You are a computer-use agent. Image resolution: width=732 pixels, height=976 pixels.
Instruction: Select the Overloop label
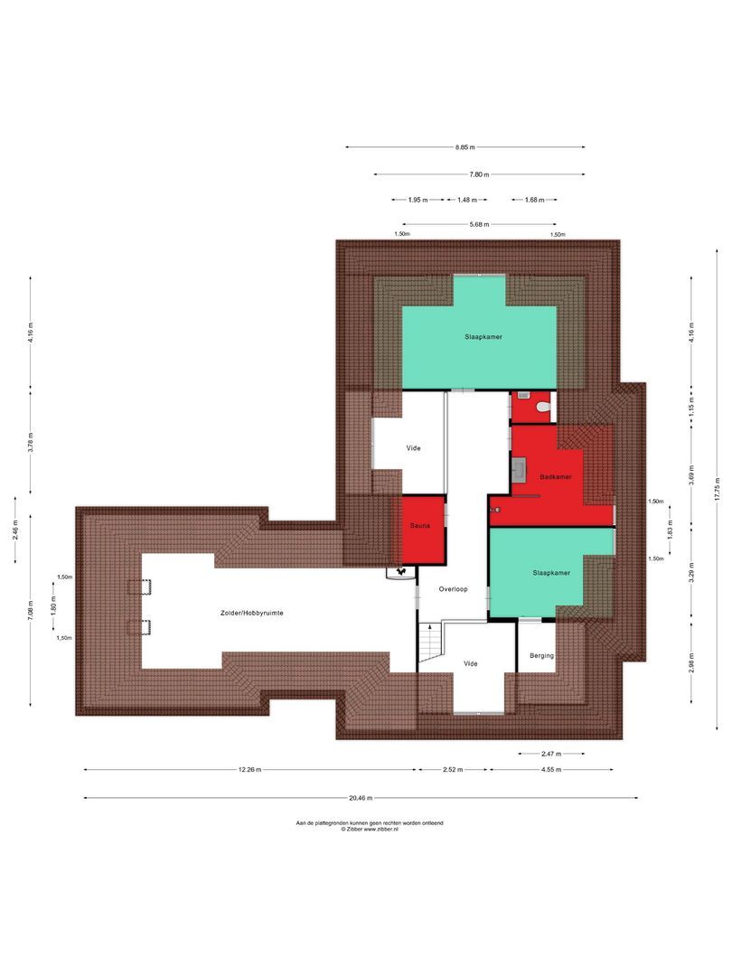point(453,588)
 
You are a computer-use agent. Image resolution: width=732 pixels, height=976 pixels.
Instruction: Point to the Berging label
point(541,656)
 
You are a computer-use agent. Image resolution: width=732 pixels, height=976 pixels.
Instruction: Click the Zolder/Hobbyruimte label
point(252,613)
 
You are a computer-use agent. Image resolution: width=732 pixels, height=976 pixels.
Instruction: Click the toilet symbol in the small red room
point(542,408)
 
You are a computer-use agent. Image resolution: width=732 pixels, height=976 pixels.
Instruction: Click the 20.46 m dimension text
point(361,798)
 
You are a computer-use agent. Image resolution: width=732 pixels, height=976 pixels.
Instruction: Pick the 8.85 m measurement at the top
point(465,147)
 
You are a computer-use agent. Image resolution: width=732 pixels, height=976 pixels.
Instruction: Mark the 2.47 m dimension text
point(550,753)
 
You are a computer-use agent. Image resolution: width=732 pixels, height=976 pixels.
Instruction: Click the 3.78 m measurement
point(30,443)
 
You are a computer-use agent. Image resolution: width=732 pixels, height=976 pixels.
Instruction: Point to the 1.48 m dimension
point(466,200)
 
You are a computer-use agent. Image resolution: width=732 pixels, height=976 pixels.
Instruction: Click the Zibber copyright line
point(370,829)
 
